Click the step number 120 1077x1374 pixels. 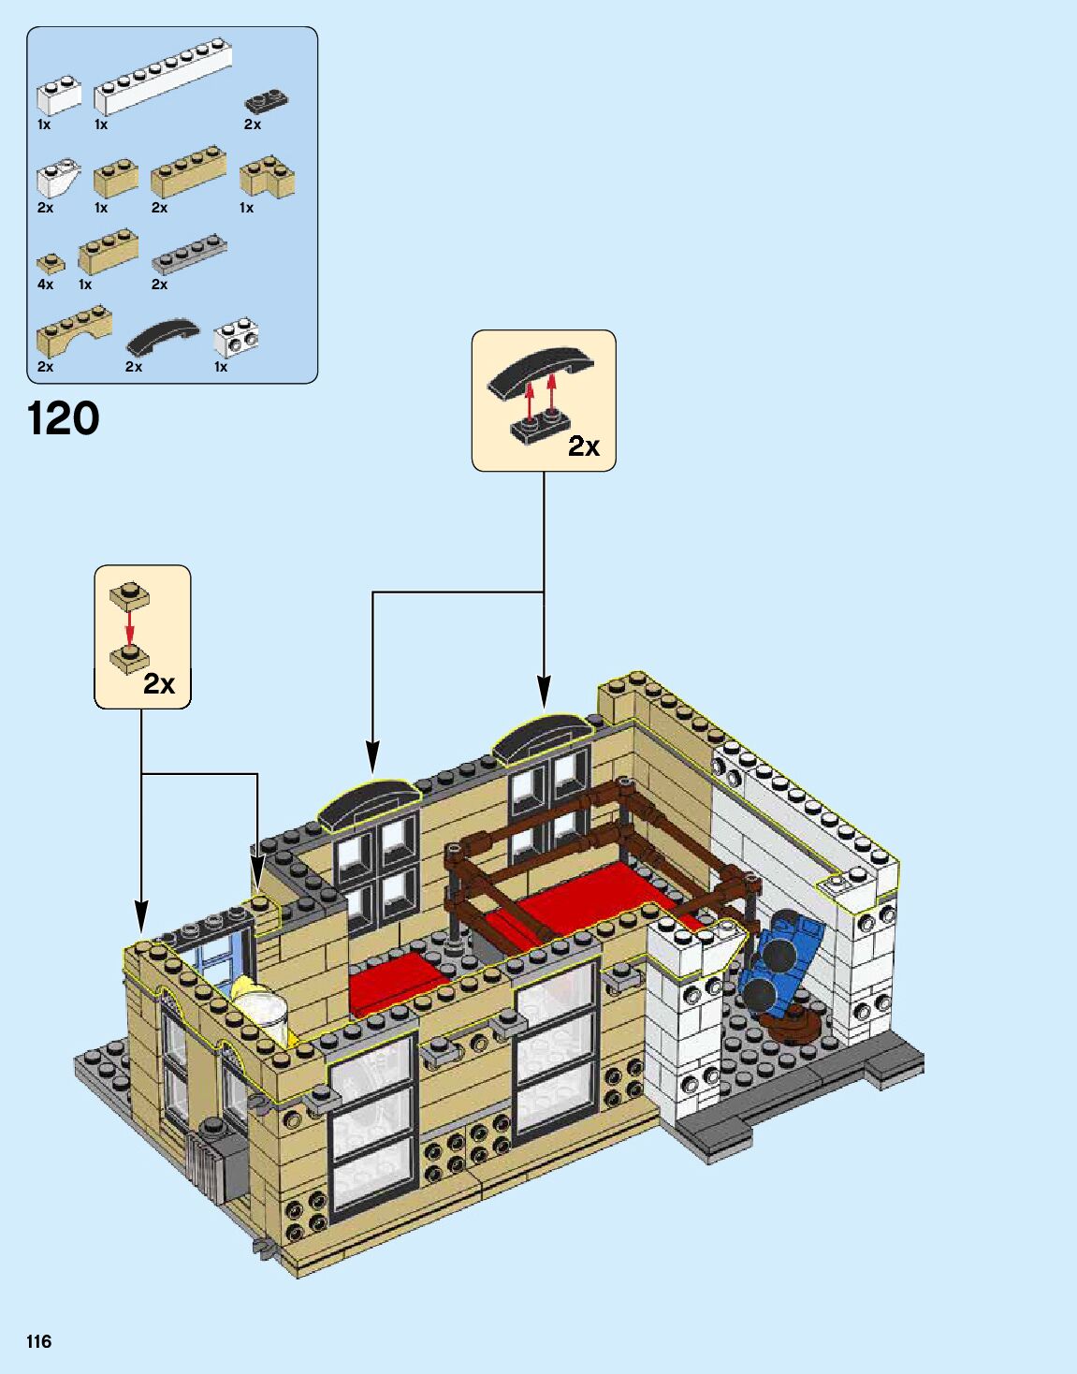pos(64,418)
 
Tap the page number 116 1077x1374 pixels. pos(38,1341)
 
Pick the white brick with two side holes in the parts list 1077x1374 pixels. pos(236,338)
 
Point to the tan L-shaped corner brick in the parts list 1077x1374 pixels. pos(268,175)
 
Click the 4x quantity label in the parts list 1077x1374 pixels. pos(45,285)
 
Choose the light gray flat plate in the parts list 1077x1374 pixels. pos(189,253)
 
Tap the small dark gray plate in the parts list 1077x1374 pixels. pos(267,100)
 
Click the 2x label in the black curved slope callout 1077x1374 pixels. pos(584,446)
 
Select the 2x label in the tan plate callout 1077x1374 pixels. pos(159,684)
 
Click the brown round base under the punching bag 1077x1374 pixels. pos(796,1027)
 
